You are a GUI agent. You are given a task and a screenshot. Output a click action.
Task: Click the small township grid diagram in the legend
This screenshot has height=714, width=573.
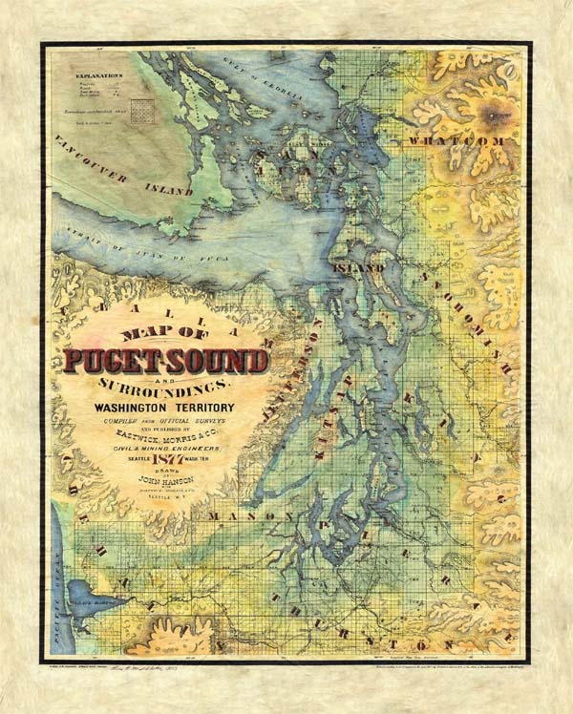click(142, 107)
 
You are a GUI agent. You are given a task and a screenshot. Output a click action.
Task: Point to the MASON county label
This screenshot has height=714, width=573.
click(238, 516)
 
